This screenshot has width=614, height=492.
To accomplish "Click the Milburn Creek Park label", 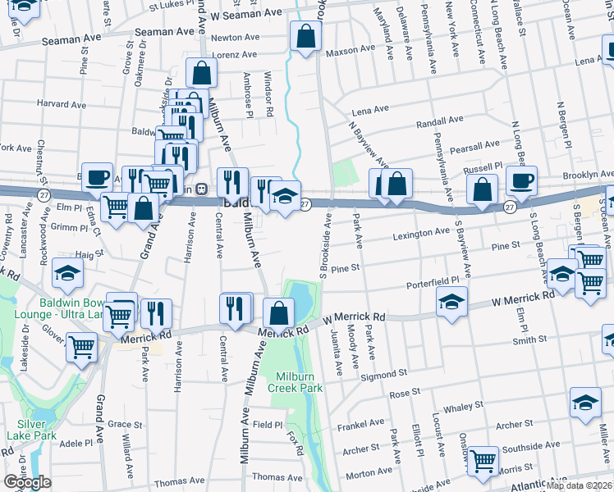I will coord(296,381).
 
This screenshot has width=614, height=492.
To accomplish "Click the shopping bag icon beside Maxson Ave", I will coord(305,36).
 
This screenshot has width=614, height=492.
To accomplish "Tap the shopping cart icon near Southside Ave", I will coord(483,459).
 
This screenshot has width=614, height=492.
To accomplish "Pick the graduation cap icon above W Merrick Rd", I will coord(451,302).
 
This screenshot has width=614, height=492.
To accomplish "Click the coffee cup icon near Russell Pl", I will coord(521,180).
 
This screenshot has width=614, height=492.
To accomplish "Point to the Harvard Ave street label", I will coord(61,105).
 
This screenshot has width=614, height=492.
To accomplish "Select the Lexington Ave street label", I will coord(419,235).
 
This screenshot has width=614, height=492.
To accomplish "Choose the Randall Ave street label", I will coord(441,121).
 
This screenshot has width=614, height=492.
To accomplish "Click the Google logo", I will coord(27,482).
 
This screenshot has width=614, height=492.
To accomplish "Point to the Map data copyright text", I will coord(580,485).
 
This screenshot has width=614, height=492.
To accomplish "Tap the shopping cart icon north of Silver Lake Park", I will coord(82,348).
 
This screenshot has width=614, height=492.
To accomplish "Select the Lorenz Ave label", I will coord(234,55).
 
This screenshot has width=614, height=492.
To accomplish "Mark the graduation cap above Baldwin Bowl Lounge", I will coord(67,273).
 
